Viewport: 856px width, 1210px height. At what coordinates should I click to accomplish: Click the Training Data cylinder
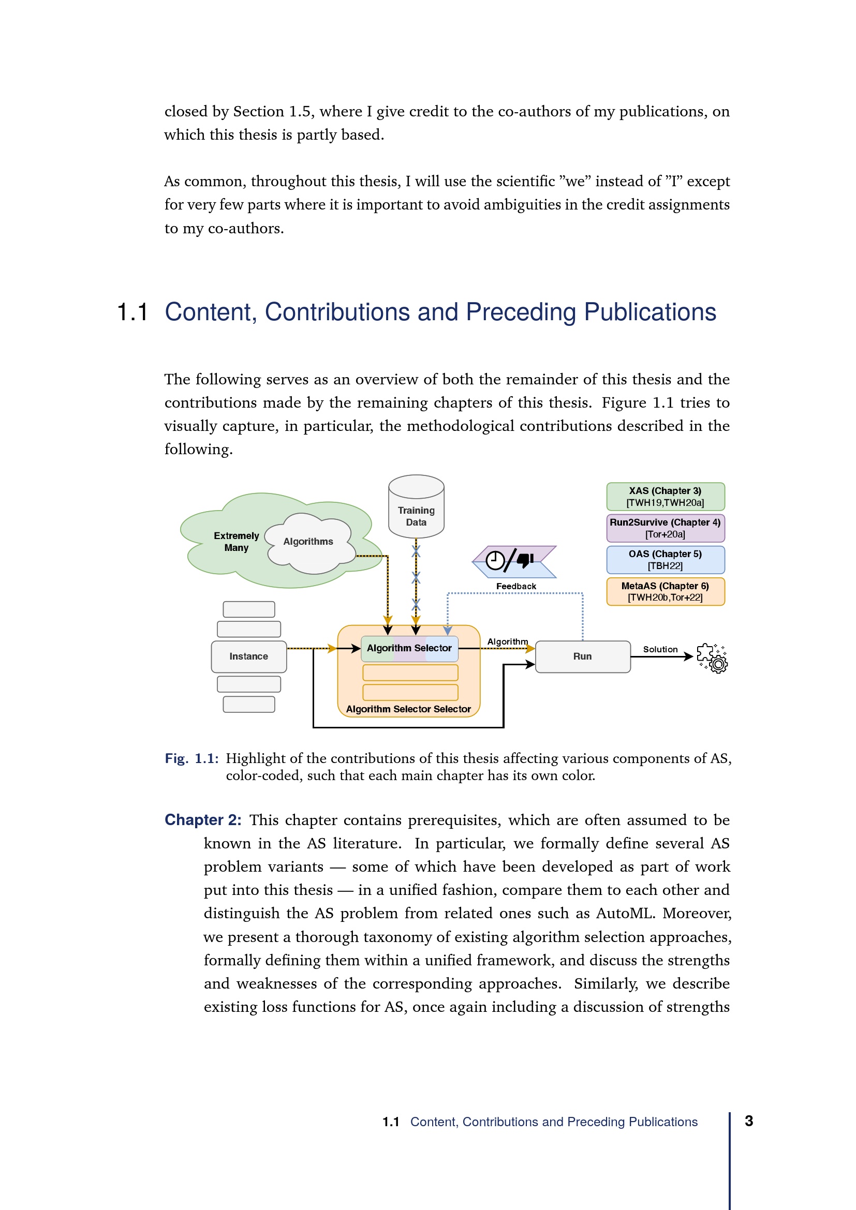coord(416,507)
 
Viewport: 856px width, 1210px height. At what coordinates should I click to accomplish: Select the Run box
coord(582,656)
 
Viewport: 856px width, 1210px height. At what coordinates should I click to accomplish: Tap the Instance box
coord(248,656)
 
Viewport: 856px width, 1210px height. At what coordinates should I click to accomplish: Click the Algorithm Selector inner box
coord(409,648)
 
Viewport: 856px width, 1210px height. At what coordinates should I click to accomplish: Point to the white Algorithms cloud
coord(308,543)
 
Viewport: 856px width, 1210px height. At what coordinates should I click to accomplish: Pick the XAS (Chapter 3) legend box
coord(665,497)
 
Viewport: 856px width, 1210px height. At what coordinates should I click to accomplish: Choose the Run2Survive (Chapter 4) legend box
coord(665,528)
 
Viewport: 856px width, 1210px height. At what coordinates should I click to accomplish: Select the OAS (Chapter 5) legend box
coord(665,560)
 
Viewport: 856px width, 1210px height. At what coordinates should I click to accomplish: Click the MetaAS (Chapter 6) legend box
coord(665,591)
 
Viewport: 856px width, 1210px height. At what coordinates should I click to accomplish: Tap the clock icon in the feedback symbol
coord(495,560)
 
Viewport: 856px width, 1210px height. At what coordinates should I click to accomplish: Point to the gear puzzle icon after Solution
coord(712,658)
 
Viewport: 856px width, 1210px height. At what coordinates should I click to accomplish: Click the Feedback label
coord(516,586)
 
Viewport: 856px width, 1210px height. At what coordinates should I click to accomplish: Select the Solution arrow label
coord(660,649)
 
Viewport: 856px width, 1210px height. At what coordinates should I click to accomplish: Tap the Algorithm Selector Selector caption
coord(408,709)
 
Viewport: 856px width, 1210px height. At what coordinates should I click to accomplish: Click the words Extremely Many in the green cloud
coord(236,541)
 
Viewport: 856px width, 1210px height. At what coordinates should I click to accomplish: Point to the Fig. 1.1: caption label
coord(191,758)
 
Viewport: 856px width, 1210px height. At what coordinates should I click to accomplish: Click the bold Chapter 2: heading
coord(203,820)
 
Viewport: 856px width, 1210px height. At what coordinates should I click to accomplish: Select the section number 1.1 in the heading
coord(132,312)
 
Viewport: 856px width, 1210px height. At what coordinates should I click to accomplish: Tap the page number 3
coord(748,1121)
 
